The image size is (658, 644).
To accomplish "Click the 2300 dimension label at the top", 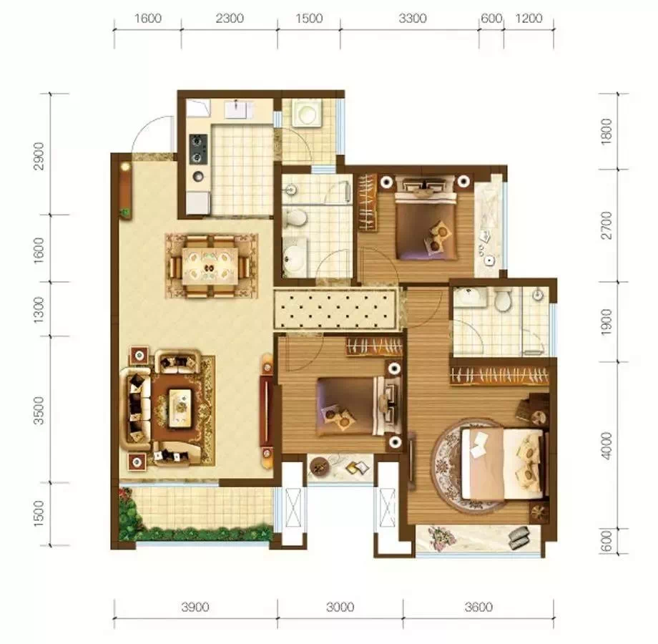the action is (229, 19).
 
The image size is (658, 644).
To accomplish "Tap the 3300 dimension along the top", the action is (413, 19).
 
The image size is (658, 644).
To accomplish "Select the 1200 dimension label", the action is (529, 19).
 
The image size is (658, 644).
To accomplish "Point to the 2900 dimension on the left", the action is (39, 156).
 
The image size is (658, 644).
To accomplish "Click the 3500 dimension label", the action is (39, 410).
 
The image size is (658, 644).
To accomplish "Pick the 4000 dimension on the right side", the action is (607, 446).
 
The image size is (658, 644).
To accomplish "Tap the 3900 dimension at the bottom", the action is (195, 607).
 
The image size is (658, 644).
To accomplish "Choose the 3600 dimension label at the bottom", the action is (478, 607).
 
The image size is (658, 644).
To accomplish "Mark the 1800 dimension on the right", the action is (607, 132).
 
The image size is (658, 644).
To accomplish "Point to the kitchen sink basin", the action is (238, 110).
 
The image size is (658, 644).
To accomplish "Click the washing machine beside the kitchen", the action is (307, 113).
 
